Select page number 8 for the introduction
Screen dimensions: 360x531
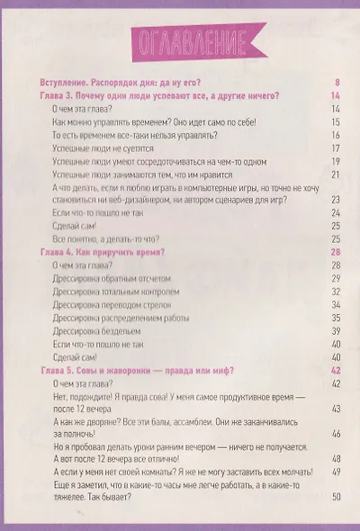335,81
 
